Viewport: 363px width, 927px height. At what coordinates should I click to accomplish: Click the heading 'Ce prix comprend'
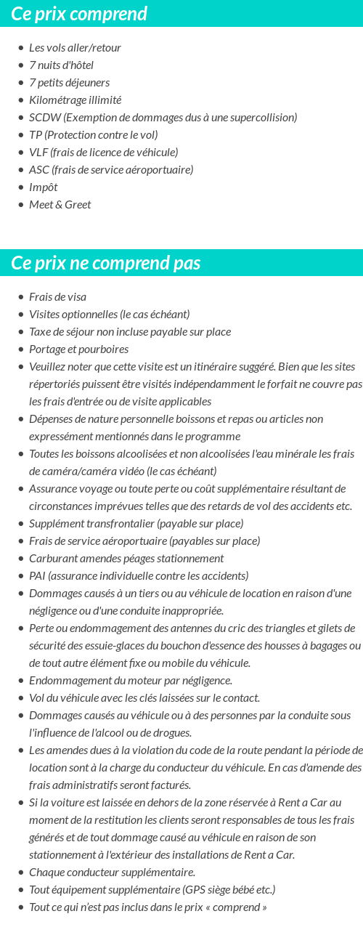pos(79,14)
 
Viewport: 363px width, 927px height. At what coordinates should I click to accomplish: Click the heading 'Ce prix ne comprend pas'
pos(106,263)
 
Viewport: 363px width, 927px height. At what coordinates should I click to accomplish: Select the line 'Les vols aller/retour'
pos(75,48)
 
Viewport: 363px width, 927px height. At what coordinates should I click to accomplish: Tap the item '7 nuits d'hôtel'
pos(61,65)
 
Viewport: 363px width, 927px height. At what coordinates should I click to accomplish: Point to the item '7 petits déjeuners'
pos(69,83)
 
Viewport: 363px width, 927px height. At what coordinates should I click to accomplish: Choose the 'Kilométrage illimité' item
pos(75,100)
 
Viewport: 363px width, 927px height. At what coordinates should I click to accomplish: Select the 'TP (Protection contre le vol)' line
pos(93,135)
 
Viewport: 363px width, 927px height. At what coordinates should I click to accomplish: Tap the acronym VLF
pos(38,153)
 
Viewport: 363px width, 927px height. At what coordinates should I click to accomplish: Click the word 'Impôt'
pos(43,187)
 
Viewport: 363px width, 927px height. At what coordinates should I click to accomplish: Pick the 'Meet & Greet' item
pos(60,205)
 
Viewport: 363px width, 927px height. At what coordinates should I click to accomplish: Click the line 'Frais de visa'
pos(57,297)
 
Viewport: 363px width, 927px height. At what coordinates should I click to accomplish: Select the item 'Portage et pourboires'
pos(78,349)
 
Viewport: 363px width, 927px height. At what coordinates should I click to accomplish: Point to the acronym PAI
pos(37,576)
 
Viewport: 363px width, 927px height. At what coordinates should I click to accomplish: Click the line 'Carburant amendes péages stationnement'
pos(126,559)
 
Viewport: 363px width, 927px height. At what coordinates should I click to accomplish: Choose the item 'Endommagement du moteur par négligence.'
pos(131,681)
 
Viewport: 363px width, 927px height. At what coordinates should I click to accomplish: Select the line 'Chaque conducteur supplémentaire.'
pos(112,873)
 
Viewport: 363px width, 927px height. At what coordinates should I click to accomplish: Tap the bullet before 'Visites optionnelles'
pos(20,315)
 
